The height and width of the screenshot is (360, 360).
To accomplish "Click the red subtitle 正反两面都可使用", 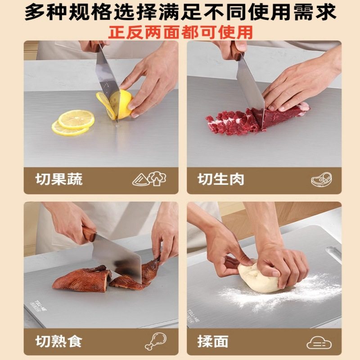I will [180, 32].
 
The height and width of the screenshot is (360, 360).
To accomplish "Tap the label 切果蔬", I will [59, 180].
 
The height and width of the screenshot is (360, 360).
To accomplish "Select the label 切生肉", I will [221, 180].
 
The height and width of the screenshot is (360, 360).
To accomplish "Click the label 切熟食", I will [59, 342].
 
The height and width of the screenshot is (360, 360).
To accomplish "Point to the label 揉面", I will [213, 342].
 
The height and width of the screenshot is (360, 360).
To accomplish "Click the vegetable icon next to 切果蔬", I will [149, 179].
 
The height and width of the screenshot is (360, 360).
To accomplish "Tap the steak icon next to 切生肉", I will [321, 180].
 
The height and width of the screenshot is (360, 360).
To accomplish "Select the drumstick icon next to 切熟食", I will [155, 341].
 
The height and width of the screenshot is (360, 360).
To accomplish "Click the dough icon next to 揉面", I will [319, 342].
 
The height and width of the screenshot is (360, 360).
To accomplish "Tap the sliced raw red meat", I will [234, 121].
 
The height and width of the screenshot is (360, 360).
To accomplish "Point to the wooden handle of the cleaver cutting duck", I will [89, 234].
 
